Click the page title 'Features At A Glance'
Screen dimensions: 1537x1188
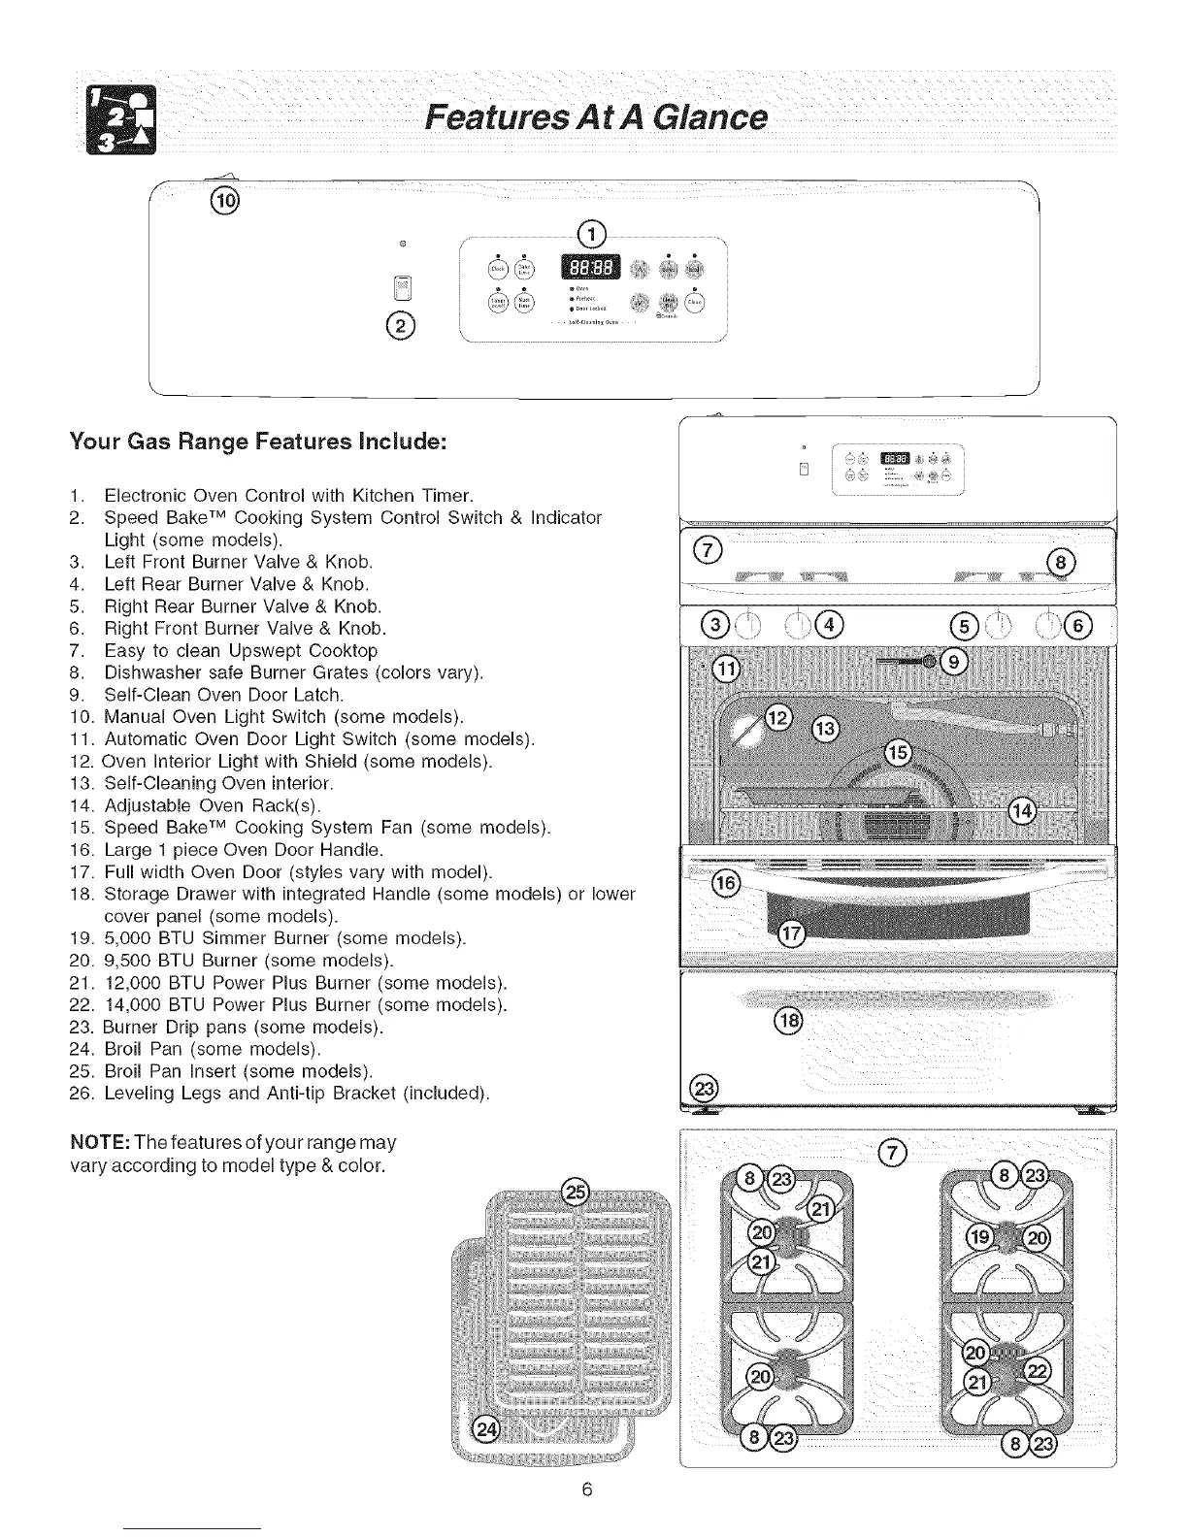tap(596, 118)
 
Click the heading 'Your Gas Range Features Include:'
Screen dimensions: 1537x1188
tap(257, 442)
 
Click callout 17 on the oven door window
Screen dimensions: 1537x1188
tap(792, 933)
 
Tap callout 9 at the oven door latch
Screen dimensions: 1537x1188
tap(955, 662)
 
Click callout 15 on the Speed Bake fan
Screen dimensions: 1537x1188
tap(899, 754)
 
